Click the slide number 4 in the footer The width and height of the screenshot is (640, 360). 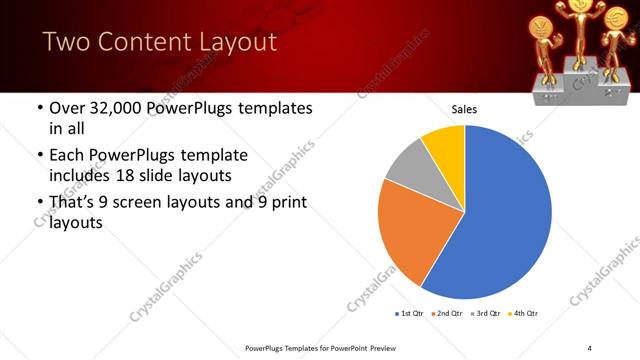point(590,347)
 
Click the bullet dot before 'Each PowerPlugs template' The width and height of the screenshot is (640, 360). point(39,156)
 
